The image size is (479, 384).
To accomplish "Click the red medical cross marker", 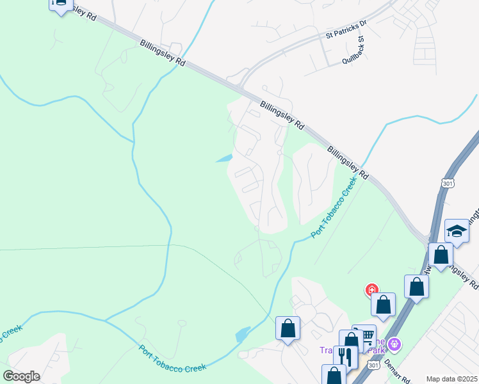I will [371, 291].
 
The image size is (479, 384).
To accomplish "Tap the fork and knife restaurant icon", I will [345, 356].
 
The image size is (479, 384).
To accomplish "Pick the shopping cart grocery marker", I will [365, 335].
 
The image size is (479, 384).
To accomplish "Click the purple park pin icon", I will [394, 344].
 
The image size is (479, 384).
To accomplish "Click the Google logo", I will [21, 376].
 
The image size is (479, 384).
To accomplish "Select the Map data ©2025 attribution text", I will [452, 379].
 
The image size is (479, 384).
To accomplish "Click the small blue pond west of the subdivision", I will [223, 159].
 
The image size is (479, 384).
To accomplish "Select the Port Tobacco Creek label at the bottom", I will [173, 358].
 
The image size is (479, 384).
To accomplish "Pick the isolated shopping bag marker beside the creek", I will [288, 328].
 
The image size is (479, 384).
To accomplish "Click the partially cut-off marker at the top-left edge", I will [60, 5].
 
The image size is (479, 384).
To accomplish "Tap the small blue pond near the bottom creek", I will [243, 333].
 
